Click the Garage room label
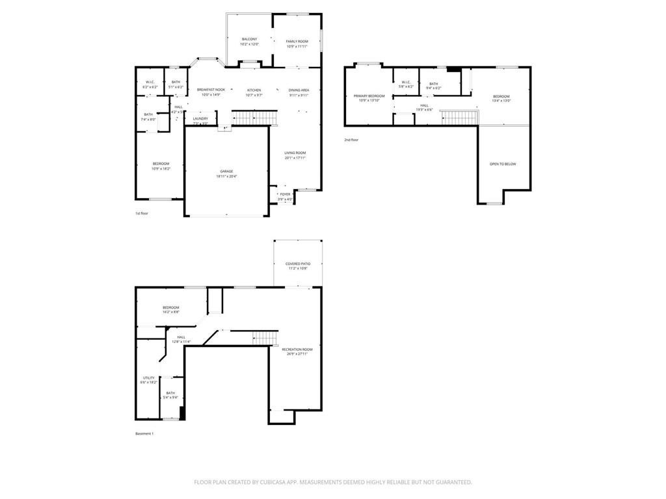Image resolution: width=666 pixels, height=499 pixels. pos(226,172)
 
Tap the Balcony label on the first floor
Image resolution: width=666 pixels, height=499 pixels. pos(249,39)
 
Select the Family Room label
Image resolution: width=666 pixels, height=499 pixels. pos(297,41)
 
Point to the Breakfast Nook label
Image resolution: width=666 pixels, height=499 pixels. pos(211,90)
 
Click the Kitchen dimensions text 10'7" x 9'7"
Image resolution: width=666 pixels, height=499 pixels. pos(254,96)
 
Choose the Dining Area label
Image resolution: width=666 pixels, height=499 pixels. pos(299,90)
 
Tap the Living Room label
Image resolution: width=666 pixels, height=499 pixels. pos(295,153)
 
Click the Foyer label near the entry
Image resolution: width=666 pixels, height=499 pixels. pos(285,194)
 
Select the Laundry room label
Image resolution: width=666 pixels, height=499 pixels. pos(200,118)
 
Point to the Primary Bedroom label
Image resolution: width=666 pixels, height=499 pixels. pos(369,96)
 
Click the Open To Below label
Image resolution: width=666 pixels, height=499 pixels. pos(503,164)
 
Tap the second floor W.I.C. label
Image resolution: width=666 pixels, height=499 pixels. pos(406,82)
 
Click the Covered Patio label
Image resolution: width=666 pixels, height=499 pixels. pos(298,264)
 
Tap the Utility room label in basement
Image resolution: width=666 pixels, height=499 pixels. pos(148,377)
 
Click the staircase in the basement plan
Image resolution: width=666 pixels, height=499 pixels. pos(265,338)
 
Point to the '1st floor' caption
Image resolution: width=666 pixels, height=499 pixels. pos(142,213)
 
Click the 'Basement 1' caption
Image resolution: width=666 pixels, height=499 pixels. pos(144,433)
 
